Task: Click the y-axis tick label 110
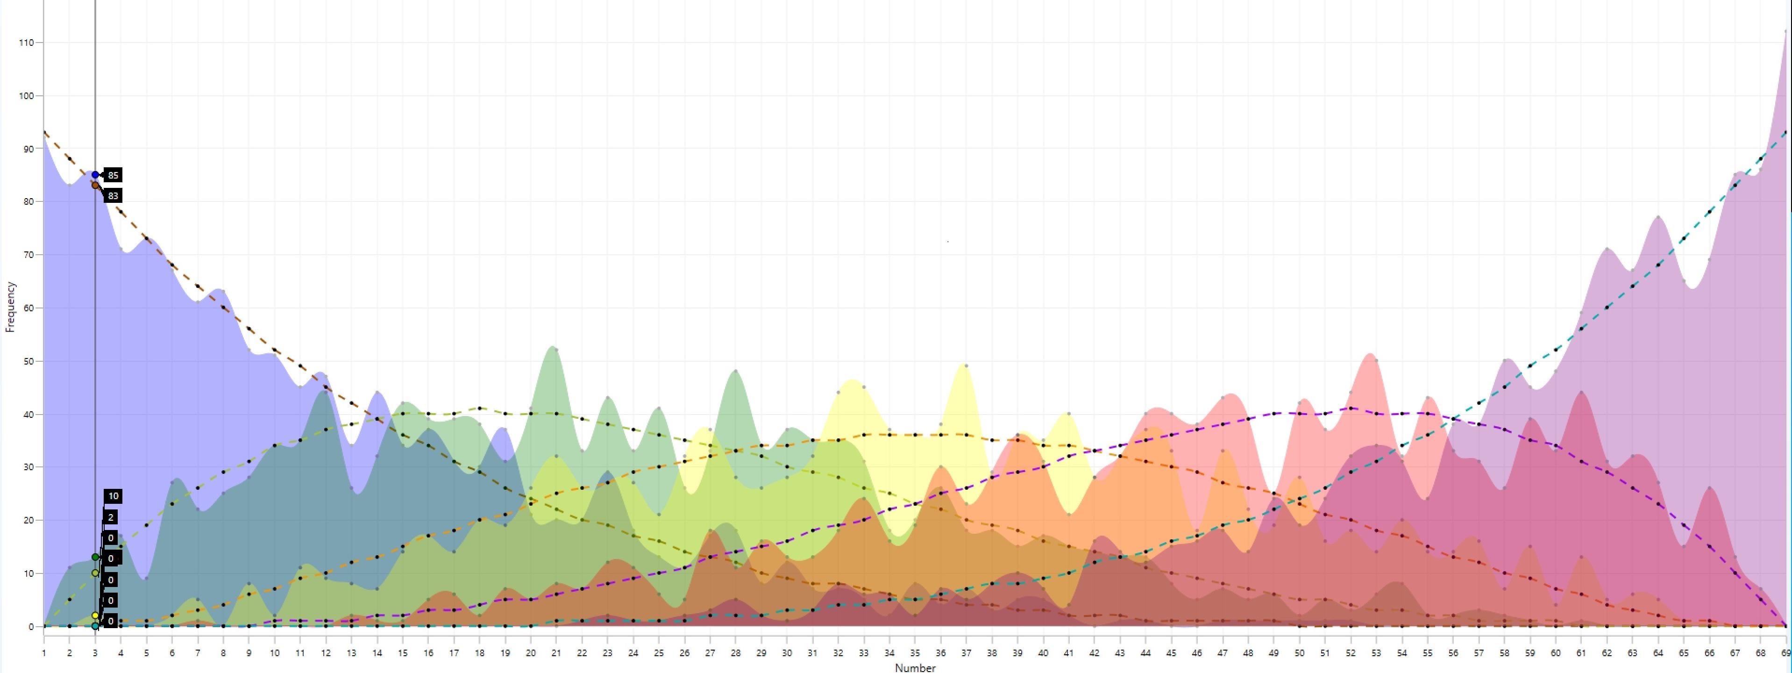(x=27, y=43)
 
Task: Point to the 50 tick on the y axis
(x=28, y=361)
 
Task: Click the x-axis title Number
(x=915, y=667)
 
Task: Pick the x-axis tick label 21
(x=556, y=653)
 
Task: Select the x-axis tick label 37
(x=966, y=653)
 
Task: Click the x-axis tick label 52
(x=1350, y=653)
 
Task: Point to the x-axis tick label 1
(x=44, y=653)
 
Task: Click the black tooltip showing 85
(x=113, y=175)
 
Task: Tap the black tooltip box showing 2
(x=111, y=517)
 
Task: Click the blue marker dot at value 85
(x=95, y=175)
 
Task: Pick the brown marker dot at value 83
(x=95, y=185)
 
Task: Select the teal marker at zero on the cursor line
(x=95, y=626)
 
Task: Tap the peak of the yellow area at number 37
(x=966, y=365)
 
